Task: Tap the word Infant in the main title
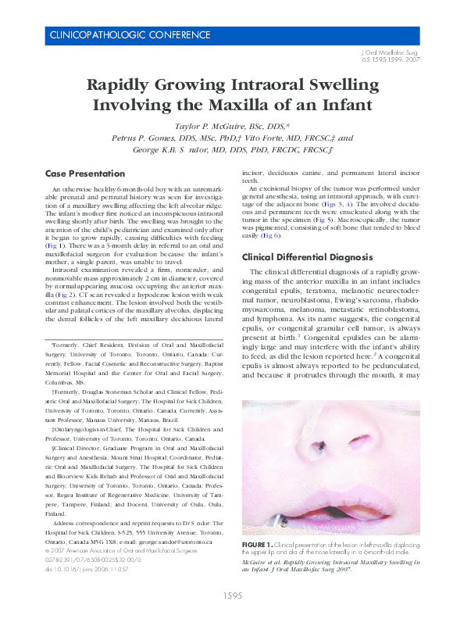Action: click(x=343, y=104)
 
